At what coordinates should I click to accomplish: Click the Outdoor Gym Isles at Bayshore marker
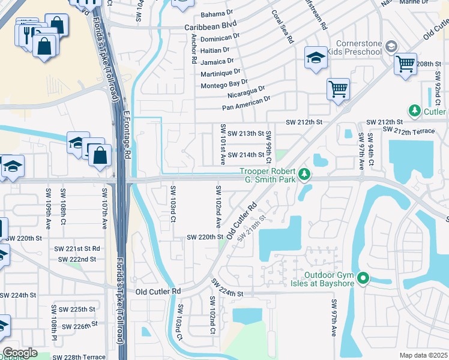tap(363, 278)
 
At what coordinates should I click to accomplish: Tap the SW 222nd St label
tap(77, 259)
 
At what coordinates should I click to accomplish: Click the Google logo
tap(20, 352)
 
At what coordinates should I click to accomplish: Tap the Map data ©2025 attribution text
tap(423, 355)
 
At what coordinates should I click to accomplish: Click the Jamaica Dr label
tap(217, 61)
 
